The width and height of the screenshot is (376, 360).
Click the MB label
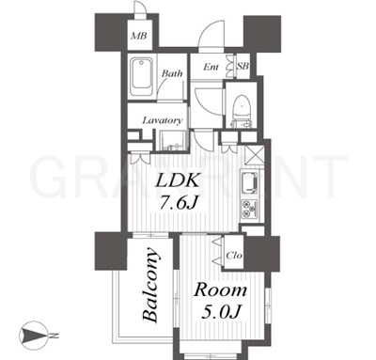[139, 36]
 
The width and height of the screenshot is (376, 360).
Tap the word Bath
[172, 73]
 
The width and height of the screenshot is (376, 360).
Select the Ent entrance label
[211, 67]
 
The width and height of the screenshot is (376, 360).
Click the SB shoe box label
[243, 66]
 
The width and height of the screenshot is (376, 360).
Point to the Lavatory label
[163, 120]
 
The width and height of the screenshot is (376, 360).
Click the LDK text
[178, 181]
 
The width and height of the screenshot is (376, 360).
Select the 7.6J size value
[179, 204]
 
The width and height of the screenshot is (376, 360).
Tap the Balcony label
[149, 285]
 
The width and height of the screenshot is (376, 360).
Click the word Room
[220, 290]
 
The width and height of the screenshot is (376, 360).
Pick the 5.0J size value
[221, 311]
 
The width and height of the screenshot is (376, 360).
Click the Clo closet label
[234, 256]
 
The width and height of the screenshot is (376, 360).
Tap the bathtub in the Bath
[142, 76]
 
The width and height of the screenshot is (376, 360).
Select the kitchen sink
[249, 182]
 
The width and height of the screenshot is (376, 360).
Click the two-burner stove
[249, 210]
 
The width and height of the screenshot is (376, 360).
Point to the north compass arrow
[34, 336]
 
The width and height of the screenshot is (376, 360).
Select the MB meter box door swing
[139, 7]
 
